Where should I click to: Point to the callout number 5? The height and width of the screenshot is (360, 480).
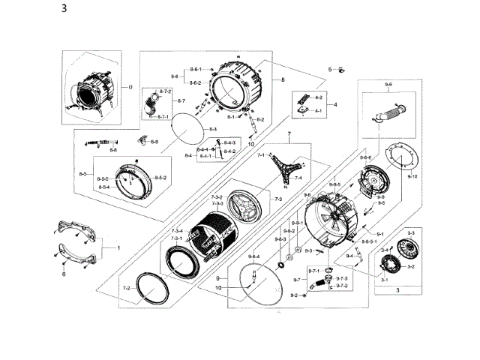pos(329,70)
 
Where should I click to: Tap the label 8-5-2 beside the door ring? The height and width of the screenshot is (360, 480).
pos(160,177)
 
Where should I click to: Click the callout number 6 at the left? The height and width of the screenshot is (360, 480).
pos(64,274)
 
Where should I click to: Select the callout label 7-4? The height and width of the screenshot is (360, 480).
pos(298,178)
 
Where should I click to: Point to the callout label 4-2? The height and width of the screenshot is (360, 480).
pos(318,98)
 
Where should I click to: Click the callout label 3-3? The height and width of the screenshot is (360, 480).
pos(411,235)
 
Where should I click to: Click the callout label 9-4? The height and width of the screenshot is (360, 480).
pos(349,256)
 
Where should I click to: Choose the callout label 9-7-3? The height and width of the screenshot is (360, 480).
pos(341,278)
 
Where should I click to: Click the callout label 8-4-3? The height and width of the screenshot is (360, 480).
pos(229,142)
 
